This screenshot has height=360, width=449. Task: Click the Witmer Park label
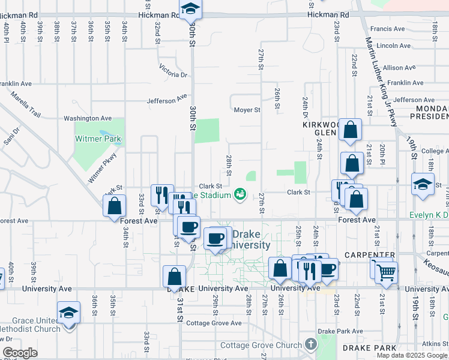[98, 139]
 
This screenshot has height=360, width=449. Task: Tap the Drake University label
[251, 239]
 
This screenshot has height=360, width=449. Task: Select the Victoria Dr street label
[174, 71]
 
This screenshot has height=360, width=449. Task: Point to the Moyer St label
[247, 110]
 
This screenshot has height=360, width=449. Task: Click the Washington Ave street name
[88, 119]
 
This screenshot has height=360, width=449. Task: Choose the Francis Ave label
[388, 29]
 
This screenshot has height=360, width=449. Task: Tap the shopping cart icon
[387, 273]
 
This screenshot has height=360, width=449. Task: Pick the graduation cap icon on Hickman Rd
[190, 8]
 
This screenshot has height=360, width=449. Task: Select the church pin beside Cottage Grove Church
[310, 344]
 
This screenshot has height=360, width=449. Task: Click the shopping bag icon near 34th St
[114, 207]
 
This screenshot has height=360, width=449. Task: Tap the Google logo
[20, 353]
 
